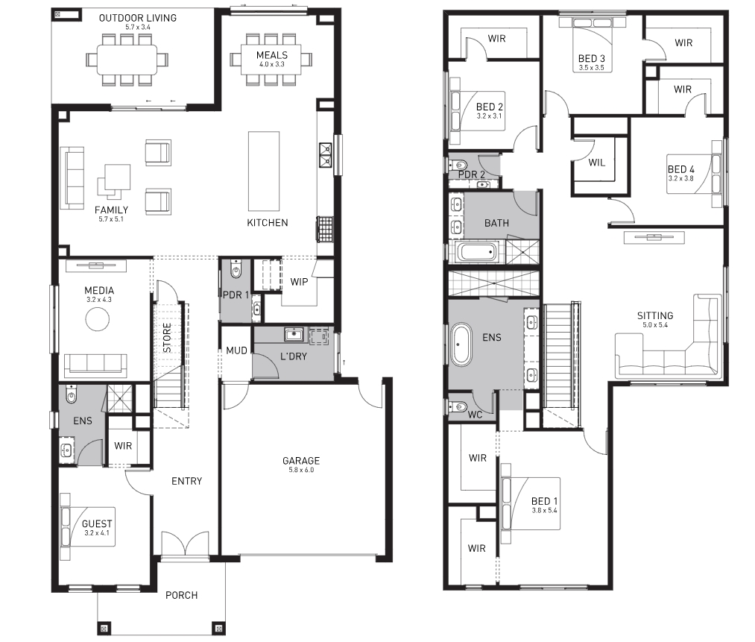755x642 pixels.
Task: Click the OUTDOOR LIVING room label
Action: pos(138,18)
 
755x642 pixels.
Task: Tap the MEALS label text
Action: pos(272,55)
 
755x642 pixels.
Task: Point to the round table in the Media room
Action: pos(98,318)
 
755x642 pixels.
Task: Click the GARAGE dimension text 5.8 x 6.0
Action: pos(301,470)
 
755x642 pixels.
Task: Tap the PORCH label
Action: pos(182,595)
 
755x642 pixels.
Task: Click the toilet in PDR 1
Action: pos(236,270)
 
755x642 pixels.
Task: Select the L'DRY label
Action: pos(293,356)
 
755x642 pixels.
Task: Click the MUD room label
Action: pos(236,350)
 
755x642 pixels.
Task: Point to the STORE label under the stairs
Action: pos(167,338)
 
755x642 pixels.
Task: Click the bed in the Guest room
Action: pos(88,526)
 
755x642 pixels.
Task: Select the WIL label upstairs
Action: pos(596,163)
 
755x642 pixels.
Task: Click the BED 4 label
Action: pos(681,169)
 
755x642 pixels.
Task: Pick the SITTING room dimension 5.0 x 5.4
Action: pos(655,325)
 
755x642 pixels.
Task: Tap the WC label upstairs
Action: pos(475,415)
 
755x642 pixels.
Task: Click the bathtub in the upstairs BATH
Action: pos(476,252)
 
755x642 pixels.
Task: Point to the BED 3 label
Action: pos(591,58)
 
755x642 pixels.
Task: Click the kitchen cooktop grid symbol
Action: pos(325,229)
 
